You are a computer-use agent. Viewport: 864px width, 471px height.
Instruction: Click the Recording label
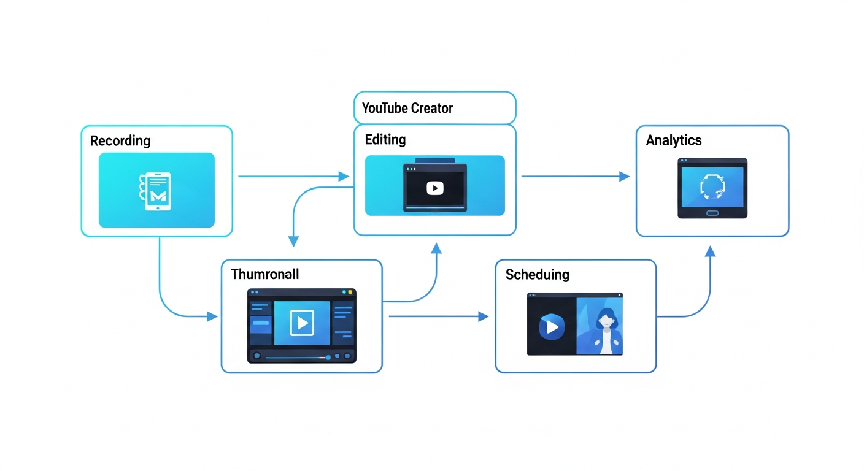120,140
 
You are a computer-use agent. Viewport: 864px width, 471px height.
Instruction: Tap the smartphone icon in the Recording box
156,191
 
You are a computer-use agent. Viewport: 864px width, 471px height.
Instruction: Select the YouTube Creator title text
407,109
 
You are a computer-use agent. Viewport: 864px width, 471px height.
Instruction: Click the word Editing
385,139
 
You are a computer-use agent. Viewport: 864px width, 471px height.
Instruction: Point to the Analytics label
673,140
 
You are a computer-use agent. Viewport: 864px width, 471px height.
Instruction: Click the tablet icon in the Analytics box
712,188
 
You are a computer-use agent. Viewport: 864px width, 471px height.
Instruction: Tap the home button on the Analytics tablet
712,213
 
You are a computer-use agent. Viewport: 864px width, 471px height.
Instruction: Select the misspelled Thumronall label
264,274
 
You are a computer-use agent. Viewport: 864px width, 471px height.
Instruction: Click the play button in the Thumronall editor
301,322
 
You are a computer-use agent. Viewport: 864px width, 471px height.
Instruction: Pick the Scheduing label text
537,274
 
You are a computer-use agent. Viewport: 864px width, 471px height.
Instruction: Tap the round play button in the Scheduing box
551,327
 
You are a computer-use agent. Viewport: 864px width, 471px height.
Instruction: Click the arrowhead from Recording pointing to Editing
344,177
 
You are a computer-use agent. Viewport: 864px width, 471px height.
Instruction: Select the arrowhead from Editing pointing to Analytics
625,177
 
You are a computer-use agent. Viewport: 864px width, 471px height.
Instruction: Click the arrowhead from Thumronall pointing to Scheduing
484,316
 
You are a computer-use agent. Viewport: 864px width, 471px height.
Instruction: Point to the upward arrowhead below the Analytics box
710,251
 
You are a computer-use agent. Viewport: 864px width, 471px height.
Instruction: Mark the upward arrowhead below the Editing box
436,247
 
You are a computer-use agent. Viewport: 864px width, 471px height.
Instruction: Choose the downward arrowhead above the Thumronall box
293,242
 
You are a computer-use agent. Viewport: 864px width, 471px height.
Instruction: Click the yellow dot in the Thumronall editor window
350,293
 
